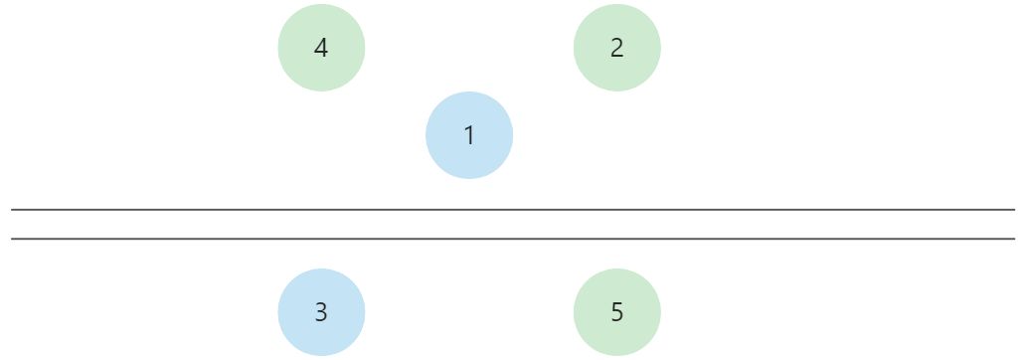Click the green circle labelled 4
tap(321, 48)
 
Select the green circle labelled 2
tap(616, 48)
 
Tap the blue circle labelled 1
tap(469, 135)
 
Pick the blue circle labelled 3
tap(321, 312)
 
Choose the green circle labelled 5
tap(616, 312)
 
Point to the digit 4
tap(321, 48)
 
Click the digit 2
tap(616, 48)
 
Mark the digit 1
tap(469, 135)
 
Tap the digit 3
tap(321, 312)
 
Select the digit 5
tap(616, 312)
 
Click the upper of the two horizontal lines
tap(513, 210)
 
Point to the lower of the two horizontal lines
tap(513, 239)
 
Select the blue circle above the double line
tap(469, 135)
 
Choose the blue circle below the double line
tap(321, 312)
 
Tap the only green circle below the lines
tap(616, 312)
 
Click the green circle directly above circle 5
tap(616, 48)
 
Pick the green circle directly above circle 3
tap(321, 48)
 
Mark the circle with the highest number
tap(616, 312)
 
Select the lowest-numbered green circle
tap(616, 48)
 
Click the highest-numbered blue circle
tap(321, 312)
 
